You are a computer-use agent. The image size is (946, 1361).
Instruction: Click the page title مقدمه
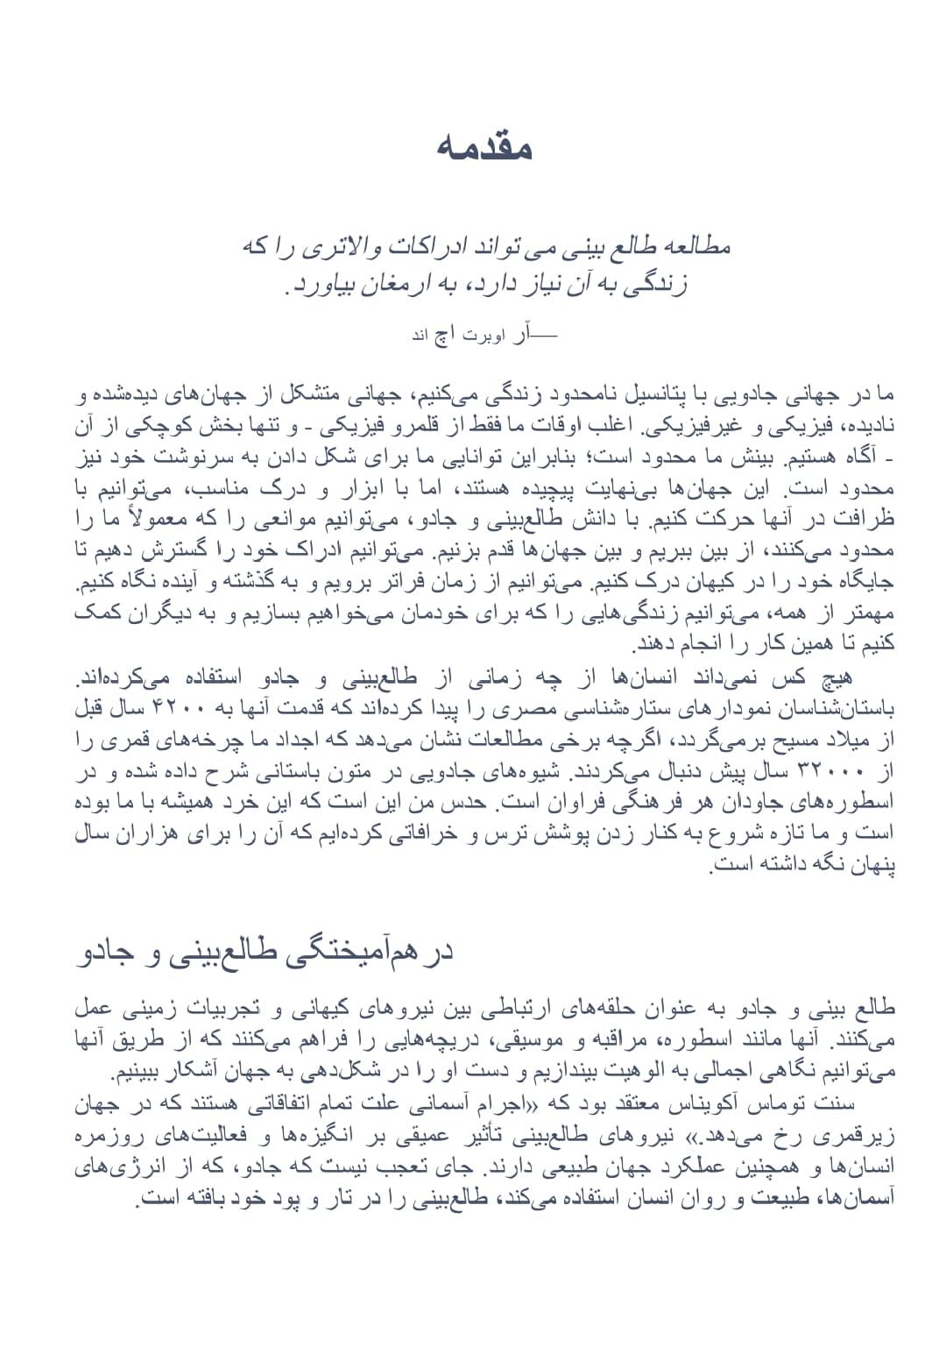pos(484,147)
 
